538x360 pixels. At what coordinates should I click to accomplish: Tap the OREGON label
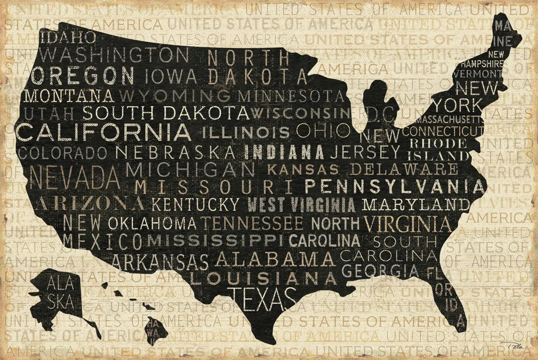point(83,76)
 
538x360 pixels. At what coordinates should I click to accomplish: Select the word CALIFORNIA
point(103,132)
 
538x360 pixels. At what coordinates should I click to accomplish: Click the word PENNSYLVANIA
point(395,186)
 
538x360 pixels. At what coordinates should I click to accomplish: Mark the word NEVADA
point(75,178)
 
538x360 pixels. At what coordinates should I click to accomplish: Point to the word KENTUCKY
point(195,204)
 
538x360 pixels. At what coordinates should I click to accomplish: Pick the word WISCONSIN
point(300,112)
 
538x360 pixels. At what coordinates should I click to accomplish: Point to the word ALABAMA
point(275,259)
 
